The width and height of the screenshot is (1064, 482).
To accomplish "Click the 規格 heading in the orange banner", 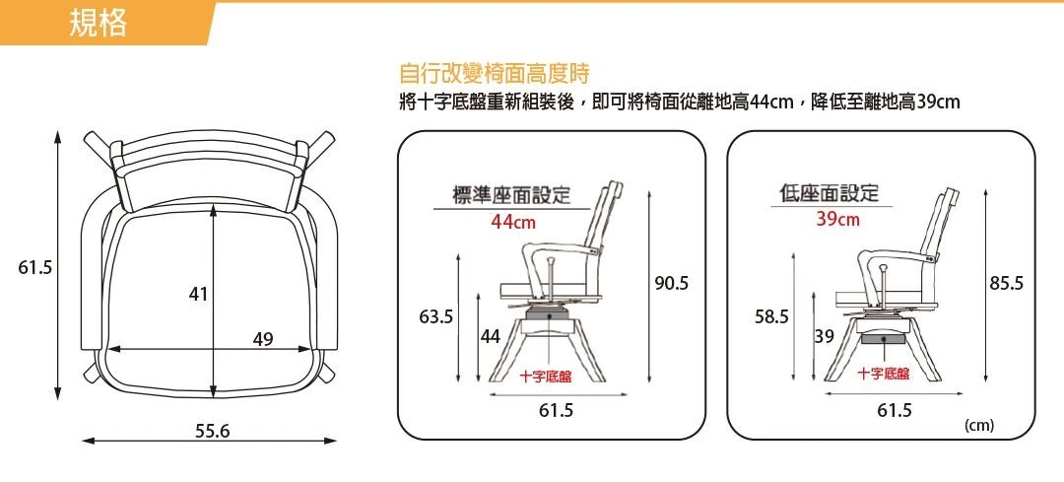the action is click(99, 24).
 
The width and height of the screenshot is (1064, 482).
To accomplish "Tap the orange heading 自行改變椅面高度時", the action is click(495, 73).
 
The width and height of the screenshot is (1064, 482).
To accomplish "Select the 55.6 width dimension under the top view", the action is click(213, 431).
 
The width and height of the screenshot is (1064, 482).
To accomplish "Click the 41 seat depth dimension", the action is click(198, 295).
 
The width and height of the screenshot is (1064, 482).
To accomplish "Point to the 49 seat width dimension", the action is click(263, 338).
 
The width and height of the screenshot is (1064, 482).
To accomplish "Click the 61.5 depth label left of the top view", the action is click(34, 267).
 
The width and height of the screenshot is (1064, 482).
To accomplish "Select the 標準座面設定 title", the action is click(511, 195).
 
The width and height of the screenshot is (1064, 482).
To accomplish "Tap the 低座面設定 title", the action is click(830, 193).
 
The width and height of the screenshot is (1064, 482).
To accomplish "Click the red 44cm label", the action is click(513, 222).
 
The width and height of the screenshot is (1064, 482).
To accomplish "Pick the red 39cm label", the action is click(837, 219).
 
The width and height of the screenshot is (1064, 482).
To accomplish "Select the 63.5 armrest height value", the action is click(435, 316).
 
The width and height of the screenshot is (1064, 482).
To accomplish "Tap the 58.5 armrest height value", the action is click(772, 316).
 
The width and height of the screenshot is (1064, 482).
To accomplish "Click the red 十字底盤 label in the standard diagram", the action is click(546, 378).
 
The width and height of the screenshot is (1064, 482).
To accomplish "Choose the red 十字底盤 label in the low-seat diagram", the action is click(884, 374).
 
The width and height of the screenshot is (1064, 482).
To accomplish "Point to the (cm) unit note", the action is click(979, 426).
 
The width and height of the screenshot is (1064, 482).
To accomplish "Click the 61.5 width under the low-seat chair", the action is click(896, 411).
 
